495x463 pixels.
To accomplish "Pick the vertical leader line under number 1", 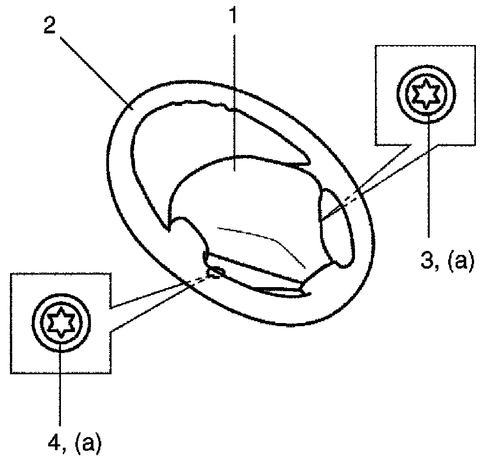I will [234, 94].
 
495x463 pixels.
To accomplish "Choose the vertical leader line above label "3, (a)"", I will [428, 187].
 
